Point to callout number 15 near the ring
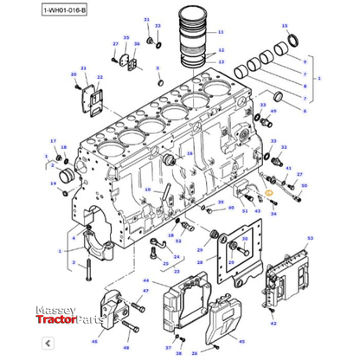tap(284, 26)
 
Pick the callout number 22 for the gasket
tap(100, 78)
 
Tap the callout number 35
tap(126, 39)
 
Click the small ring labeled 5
tap(158, 81)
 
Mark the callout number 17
tap(53, 141)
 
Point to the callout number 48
tap(125, 347)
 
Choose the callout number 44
tap(145, 281)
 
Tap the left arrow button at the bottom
tap(9, 350)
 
